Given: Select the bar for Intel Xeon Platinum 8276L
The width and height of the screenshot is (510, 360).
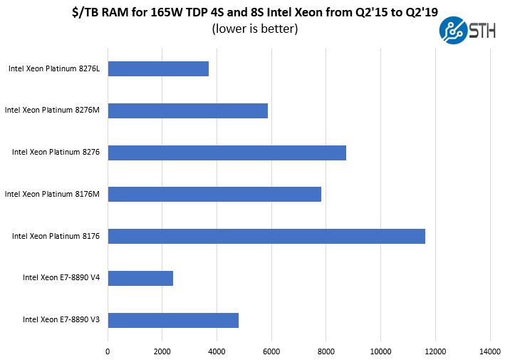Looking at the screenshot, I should tap(158, 68).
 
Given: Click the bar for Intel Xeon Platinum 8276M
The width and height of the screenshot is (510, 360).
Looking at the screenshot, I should tap(187, 110).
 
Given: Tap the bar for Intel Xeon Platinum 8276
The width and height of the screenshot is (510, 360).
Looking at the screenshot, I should tap(227, 153).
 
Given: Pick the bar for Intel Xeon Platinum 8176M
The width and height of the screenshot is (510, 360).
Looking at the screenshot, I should tap(214, 194).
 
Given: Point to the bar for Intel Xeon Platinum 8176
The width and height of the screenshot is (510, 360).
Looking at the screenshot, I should tap(266, 236).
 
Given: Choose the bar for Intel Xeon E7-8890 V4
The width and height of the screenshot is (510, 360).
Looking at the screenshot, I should tap(140, 278).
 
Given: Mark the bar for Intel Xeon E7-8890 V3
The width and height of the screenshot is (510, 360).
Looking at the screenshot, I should tap(173, 319).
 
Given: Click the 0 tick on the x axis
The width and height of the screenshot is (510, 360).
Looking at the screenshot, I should tap(108, 351).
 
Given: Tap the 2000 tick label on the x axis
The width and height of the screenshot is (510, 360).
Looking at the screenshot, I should tap(162, 351).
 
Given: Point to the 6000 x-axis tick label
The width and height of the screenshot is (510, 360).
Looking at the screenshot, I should tap(271, 351).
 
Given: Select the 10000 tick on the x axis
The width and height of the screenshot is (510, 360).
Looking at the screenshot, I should tap(380, 351).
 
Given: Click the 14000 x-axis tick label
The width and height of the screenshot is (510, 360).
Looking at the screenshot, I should tap(489, 351).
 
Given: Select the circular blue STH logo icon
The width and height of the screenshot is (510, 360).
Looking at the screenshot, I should tap(452, 31).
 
